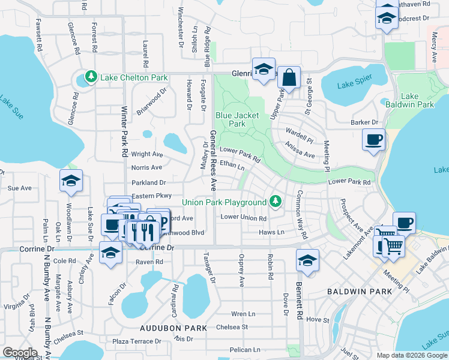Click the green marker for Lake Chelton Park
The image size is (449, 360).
pos(91,77)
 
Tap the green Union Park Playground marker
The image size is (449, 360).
pos(276,201)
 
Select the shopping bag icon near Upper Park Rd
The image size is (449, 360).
pos(289,78)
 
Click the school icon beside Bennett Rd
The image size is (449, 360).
pos(307,260)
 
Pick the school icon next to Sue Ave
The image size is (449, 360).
pos(71,181)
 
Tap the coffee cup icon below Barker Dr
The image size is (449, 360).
pos(373,140)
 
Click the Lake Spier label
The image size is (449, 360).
pos(354,85)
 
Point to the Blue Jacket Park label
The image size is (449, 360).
pos(231,119)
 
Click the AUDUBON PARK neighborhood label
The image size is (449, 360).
pos(173,328)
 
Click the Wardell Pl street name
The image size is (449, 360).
pos(300,131)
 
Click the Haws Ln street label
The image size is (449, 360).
pos(271,232)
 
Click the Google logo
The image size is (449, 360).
pos(20,353)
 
